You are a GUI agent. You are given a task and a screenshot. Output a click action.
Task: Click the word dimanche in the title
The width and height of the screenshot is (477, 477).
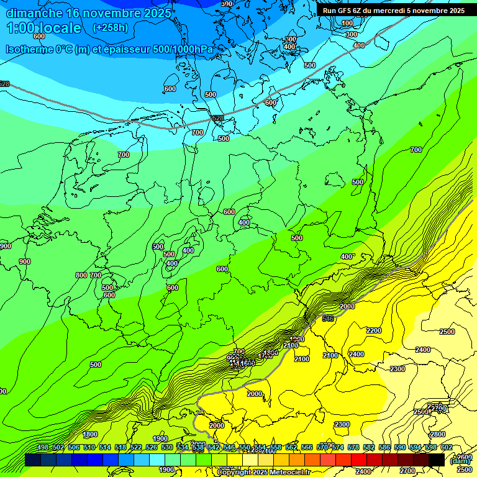click(34, 13)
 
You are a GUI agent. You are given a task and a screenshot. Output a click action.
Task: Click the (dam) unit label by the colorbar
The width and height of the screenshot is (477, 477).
click(460, 461)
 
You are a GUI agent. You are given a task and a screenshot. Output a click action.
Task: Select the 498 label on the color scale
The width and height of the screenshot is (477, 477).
click(42, 448)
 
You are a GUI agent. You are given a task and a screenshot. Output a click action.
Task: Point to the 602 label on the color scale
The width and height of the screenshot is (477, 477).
click(447, 448)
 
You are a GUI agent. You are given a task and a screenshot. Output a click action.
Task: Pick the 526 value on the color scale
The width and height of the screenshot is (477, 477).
click(151, 448)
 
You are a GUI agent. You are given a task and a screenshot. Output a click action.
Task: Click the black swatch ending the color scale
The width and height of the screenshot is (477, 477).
click(437, 460)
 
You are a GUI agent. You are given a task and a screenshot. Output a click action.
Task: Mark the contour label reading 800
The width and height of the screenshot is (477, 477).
click(81, 275)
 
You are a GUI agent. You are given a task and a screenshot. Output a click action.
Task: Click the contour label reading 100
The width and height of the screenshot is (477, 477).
click(347, 23)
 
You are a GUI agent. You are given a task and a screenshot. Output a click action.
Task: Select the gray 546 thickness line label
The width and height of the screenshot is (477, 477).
click(329, 319)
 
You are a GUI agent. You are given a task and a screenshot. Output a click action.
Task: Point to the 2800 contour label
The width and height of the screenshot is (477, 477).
click(437, 434)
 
